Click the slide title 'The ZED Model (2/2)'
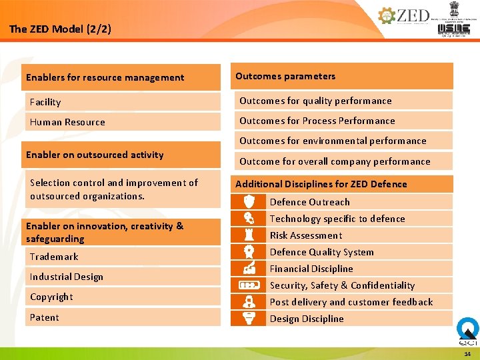tap(61, 29)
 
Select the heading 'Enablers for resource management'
tap(105, 77)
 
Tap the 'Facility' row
tap(45, 102)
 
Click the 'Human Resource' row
tap(67, 122)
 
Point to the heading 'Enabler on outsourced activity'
tap(95, 155)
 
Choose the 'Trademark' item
tap(54, 257)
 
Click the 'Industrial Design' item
tap(67, 277)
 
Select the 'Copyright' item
tap(51, 297)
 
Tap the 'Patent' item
tap(45, 317)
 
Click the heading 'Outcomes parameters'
tap(285, 76)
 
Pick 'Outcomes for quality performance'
tap(315, 101)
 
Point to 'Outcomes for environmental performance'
tap(333, 141)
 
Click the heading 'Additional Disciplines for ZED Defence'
tap(321, 184)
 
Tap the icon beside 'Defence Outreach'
tap(249, 201)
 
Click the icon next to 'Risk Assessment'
tap(249, 235)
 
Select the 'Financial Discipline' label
tap(311, 269)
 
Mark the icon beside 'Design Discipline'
tap(249, 318)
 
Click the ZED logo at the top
tap(404, 16)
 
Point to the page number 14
tap(467, 353)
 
